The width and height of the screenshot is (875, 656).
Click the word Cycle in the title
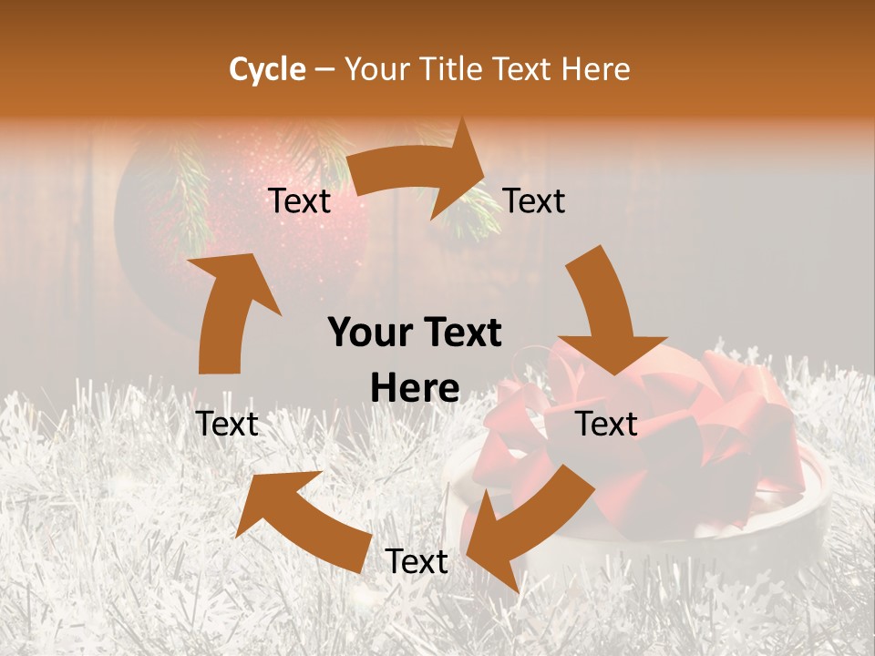[x=267, y=69]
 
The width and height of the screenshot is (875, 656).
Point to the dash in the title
[x=324, y=70]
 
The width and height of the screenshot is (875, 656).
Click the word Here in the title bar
[x=596, y=69]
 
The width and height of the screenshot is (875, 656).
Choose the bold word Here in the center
[x=415, y=389]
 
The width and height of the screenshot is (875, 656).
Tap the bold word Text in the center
[x=461, y=333]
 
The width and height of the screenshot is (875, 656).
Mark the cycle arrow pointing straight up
[x=228, y=310]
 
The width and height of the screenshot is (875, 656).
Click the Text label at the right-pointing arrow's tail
[x=300, y=200]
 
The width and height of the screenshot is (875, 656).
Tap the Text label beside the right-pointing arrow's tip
[x=534, y=200]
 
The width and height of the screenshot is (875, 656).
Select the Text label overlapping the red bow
[x=607, y=424]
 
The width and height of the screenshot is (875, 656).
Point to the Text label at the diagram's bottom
[x=417, y=562]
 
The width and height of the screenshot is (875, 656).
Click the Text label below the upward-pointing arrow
[x=228, y=424]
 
